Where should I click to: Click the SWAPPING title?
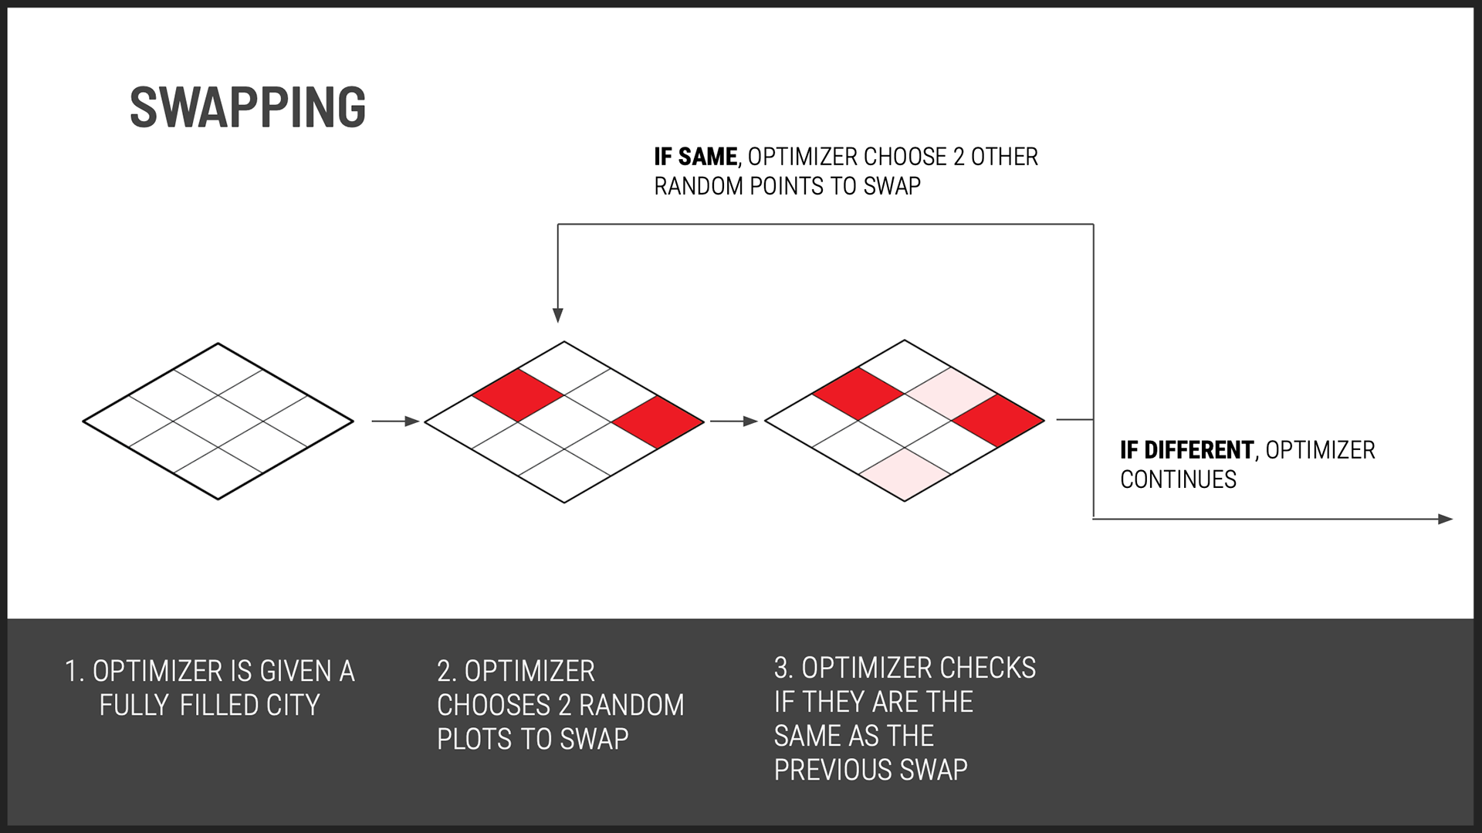tap(248, 107)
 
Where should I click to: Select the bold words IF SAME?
tap(695, 157)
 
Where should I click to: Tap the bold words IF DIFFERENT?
tap(1187, 450)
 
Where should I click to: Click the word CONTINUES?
tap(1178, 479)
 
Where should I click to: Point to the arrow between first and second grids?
tap(395, 421)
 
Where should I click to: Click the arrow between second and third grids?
tap(734, 421)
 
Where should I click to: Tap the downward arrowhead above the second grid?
tap(558, 315)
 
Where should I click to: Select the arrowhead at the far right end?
tap(1446, 520)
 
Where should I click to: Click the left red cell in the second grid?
tap(518, 395)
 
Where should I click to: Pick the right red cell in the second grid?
tap(658, 422)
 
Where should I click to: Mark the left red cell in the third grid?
tap(858, 394)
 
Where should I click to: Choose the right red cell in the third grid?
tap(998, 421)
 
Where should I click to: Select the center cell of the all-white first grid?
tap(218, 422)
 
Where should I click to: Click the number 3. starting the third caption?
tap(783, 668)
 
